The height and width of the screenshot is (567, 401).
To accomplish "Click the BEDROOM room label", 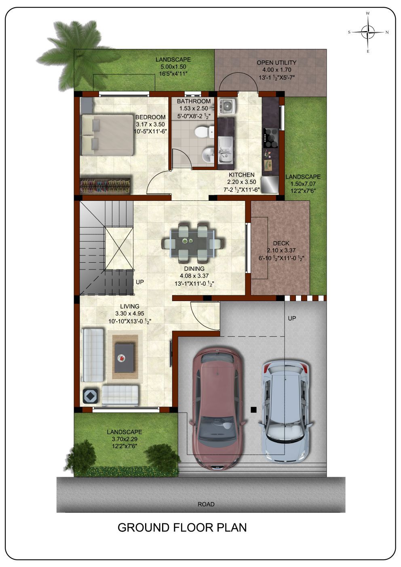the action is pyautogui.click(x=150, y=117).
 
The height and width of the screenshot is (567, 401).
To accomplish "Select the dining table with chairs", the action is pyautogui.click(x=193, y=243).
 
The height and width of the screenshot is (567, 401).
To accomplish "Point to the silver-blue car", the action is pyautogui.click(x=285, y=412).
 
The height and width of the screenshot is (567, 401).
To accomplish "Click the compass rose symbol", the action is pyautogui.click(x=368, y=32).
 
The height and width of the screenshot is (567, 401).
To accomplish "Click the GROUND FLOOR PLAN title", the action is pyautogui.click(x=182, y=527).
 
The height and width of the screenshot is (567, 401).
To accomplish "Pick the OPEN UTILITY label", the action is pyautogui.click(x=276, y=63).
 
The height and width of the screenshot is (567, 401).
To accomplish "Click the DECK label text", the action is pyautogui.click(x=281, y=243).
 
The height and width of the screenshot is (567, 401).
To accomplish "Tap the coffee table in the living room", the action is pyautogui.click(x=124, y=357).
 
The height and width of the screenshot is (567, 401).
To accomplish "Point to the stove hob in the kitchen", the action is pyautogui.click(x=270, y=138).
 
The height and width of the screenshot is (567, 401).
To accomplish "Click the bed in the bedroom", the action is pyautogui.click(x=107, y=135).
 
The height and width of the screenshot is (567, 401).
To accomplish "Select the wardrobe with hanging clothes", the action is pyautogui.click(x=106, y=186).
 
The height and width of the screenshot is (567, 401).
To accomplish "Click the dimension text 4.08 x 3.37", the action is pyautogui.click(x=194, y=276).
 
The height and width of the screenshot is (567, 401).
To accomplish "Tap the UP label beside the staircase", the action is pyautogui.click(x=140, y=282).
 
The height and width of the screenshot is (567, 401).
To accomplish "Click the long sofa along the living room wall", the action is pyautogui.click(x=93, y=355).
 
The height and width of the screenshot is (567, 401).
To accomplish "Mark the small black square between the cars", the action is pyautogui.click(x=253, y=409).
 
